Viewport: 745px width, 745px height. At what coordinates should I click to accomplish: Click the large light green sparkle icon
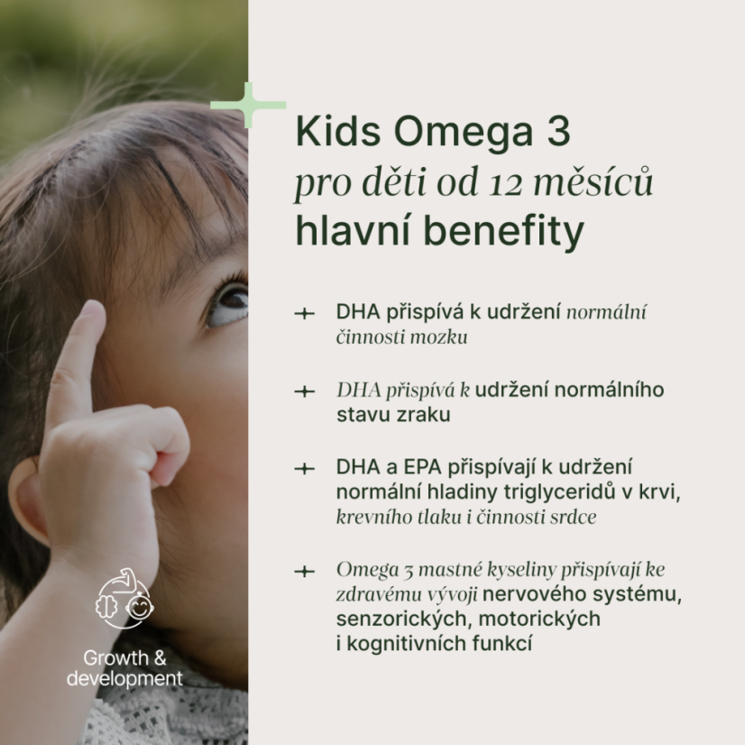(x=248, y=105)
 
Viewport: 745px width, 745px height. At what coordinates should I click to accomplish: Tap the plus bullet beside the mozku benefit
(x=305, y=314)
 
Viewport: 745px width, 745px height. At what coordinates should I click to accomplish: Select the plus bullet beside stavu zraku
(x=305, y=391)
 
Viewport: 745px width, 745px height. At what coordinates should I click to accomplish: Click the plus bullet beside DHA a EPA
(x=305, y=469)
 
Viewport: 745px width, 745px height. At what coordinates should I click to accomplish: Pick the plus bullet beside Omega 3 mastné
(x=305, y=571)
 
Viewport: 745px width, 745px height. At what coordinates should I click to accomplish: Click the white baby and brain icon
(x=124, y=598)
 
